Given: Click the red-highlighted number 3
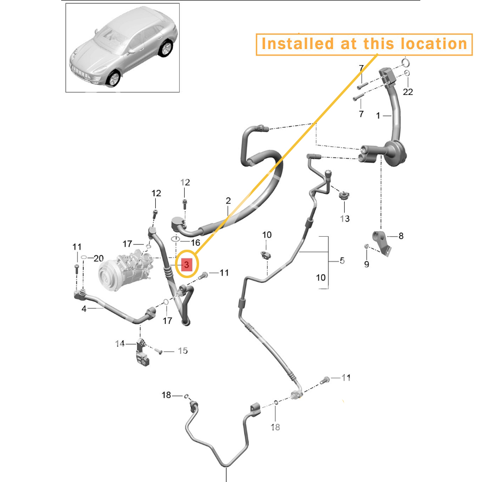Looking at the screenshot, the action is coord(187,264).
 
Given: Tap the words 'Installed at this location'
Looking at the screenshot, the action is coord(364,44).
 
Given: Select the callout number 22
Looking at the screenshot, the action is coord(408,92).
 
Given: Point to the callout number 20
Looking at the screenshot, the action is coord(98,258).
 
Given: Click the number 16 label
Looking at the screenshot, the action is coord(196,243).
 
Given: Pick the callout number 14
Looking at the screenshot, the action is coord(120,343).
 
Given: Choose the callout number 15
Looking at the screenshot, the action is coord(183,351).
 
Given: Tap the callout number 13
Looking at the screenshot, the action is coord(345,218).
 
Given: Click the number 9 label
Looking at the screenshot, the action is coord(366,264).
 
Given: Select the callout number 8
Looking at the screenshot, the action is coord(401,236).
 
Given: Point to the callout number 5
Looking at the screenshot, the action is coord(342,261).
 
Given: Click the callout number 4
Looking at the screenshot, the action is coord(84,308).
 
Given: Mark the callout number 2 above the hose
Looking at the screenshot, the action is coord(228,201).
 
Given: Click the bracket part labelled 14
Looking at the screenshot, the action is coord(142,352).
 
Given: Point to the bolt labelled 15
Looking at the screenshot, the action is coord(158,351).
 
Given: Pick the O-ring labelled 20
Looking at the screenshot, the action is coord(84,257).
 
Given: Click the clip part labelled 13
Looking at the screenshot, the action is coord(344,195).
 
